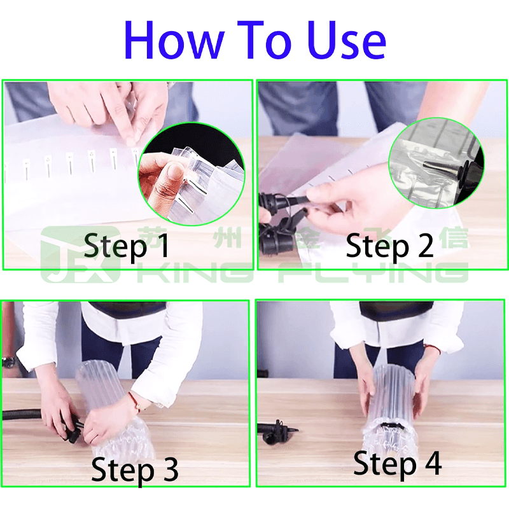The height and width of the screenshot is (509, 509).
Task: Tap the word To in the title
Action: point(268,39)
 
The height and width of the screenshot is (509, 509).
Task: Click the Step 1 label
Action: point(127,246)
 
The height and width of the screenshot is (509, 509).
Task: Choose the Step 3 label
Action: point(134,469)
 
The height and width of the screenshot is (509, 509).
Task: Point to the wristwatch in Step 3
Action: point(8,362)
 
